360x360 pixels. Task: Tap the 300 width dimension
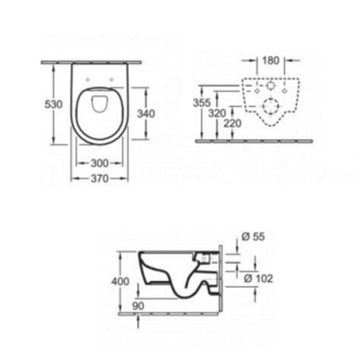coord(99,163)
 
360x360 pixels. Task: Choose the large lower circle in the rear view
coord(270,108)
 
